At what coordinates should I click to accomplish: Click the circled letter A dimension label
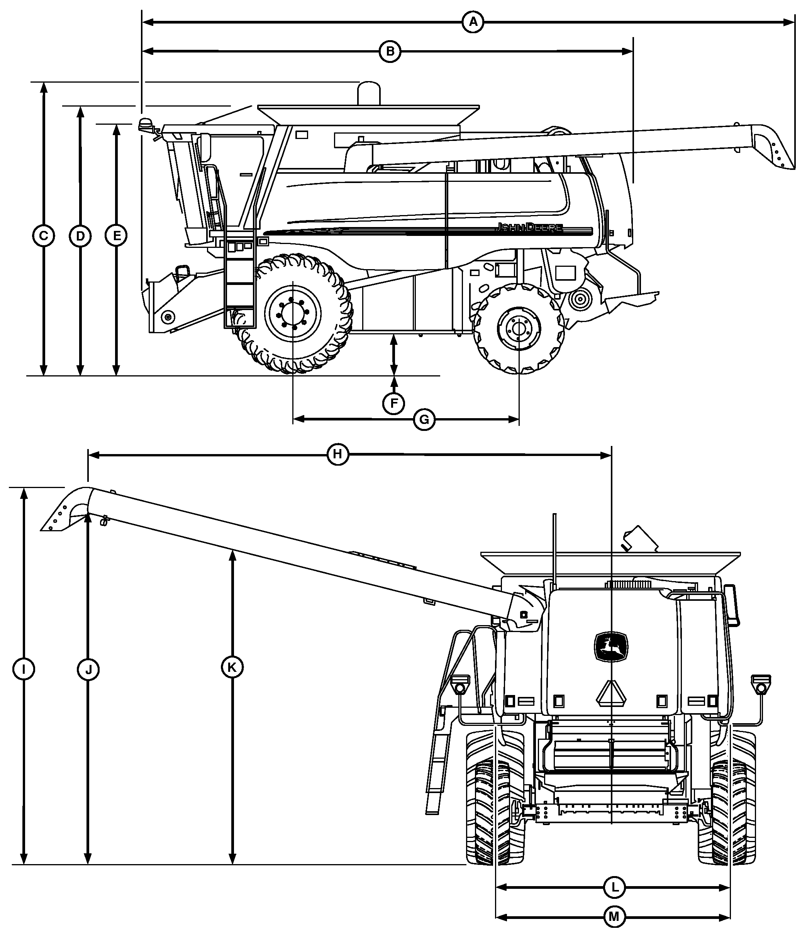pos(473,22)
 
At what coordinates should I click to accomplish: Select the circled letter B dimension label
pos(390,51)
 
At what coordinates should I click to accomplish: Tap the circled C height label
pos(44,236)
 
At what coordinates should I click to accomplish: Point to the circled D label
pos(80,236)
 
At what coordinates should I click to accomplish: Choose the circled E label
pos(116,236)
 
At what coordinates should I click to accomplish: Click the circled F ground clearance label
pos(393,403)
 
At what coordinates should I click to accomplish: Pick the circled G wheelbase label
pos(424,420)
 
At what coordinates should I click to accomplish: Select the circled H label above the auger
pos(338,454)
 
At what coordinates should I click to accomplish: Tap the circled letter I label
pos(24,669)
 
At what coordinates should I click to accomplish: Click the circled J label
pos(88,669)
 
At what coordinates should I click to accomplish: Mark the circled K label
pos(232,668)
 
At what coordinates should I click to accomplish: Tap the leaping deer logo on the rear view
pos(610,647)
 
